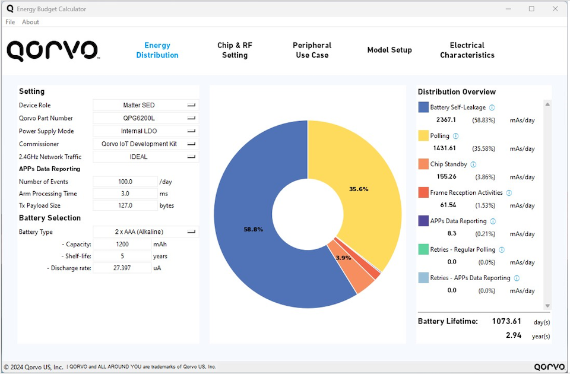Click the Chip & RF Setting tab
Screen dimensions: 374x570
tap(235, 50)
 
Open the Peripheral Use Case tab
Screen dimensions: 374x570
tap(312, 50)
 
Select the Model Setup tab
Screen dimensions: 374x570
tap(389, 50)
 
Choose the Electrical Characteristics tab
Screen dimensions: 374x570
tap(467, 50)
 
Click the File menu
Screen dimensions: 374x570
tap(10, 22)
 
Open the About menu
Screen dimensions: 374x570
tap(30, 22)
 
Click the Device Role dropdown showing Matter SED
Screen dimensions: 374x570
tap(145, 105)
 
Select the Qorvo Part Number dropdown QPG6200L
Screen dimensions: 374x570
tap(145, 118)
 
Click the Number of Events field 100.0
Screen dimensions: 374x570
tap(125, 182)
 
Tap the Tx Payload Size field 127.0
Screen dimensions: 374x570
tap(125, 205)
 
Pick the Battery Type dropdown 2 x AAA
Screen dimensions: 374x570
tap(145, 232)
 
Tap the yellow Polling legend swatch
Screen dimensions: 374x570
tap(423, 136)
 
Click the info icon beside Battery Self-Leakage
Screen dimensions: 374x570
tap(492, 107)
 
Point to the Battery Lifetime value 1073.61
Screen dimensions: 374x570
tap(506, 321)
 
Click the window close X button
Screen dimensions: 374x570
tap(555, 9)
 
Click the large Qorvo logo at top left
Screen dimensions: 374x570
tap(52, 50)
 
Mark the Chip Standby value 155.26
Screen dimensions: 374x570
tap(445, 177)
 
